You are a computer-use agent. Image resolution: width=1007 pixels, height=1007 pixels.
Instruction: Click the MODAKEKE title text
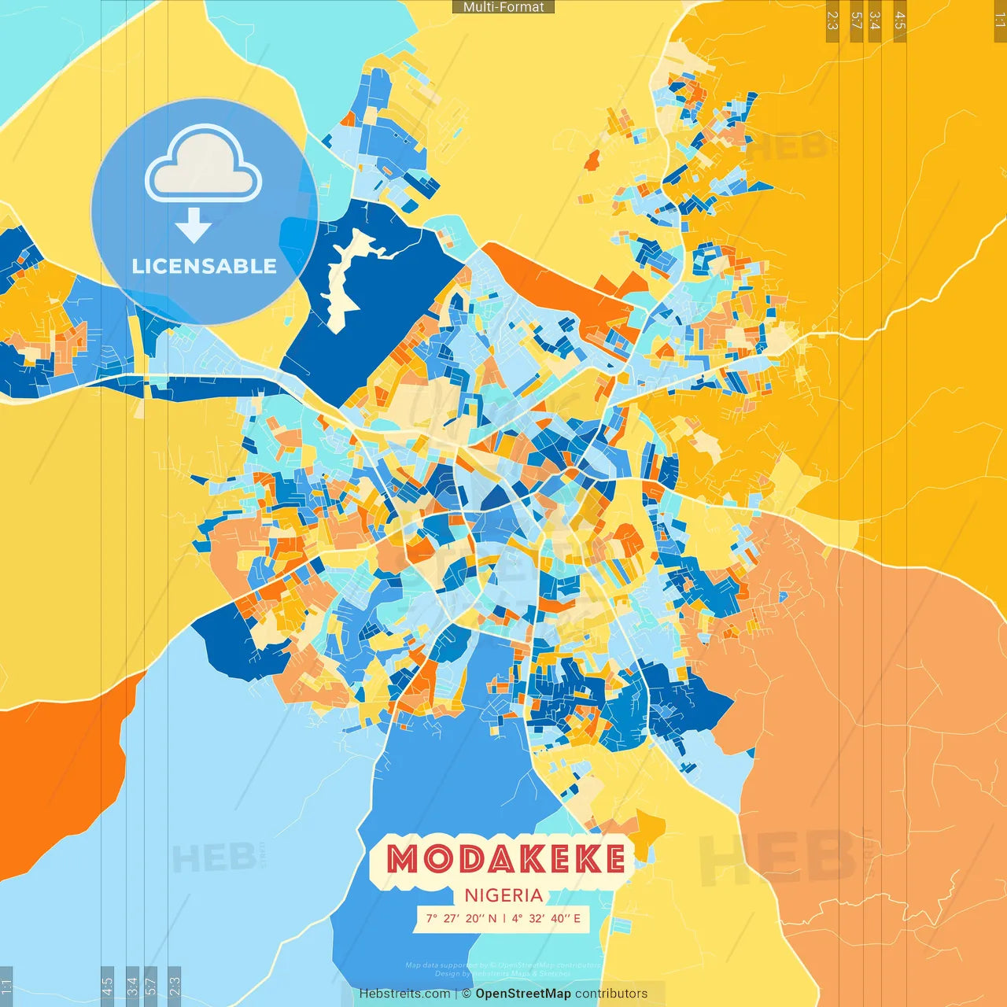point(506,858)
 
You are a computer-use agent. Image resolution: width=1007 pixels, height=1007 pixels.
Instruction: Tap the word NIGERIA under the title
point(503,895)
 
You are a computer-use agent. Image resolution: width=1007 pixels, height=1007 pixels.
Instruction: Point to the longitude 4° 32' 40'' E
point(546,918)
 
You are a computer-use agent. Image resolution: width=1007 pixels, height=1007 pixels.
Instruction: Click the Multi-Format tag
point(503,7)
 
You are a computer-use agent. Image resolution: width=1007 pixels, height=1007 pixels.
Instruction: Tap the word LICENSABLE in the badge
point(205,266)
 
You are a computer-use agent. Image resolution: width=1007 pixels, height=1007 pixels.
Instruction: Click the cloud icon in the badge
point(204,166)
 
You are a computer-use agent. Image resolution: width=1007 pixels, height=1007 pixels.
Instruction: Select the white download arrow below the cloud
point(194,226)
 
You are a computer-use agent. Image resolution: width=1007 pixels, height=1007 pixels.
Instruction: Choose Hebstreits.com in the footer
point(404,994)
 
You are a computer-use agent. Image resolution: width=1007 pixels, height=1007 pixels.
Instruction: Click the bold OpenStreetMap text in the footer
point(523,994)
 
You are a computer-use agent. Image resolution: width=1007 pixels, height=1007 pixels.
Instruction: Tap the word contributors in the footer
point(611,994)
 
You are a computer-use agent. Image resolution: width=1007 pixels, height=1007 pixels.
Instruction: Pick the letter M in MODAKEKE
point(404,858)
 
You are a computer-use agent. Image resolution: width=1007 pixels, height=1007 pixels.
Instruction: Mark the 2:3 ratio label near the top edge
point(832,20)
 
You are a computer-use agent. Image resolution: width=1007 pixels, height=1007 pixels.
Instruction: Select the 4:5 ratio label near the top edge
point(900,20)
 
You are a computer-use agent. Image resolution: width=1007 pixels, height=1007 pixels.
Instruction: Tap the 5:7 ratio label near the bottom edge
point(150,985)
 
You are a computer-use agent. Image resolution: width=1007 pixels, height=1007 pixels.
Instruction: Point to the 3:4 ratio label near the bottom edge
point(132,985)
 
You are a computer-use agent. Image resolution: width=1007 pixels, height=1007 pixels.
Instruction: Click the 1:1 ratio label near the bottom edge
point(7,985)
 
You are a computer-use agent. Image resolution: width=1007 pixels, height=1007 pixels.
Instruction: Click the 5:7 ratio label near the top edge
point(856,20)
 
